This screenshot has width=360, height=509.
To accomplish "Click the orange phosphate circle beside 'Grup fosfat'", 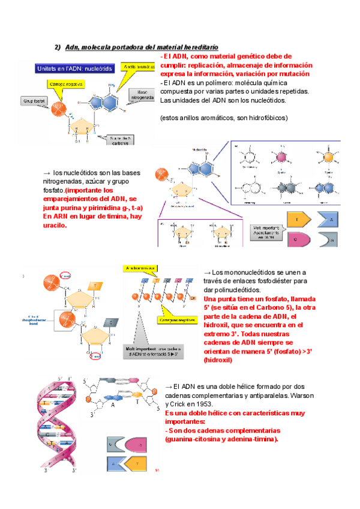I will point(58,110).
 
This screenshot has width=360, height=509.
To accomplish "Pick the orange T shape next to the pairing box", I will point(299,220).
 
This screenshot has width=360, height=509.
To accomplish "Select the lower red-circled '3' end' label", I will point(94,355).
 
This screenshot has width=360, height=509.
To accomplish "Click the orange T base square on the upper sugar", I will point(95,285).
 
